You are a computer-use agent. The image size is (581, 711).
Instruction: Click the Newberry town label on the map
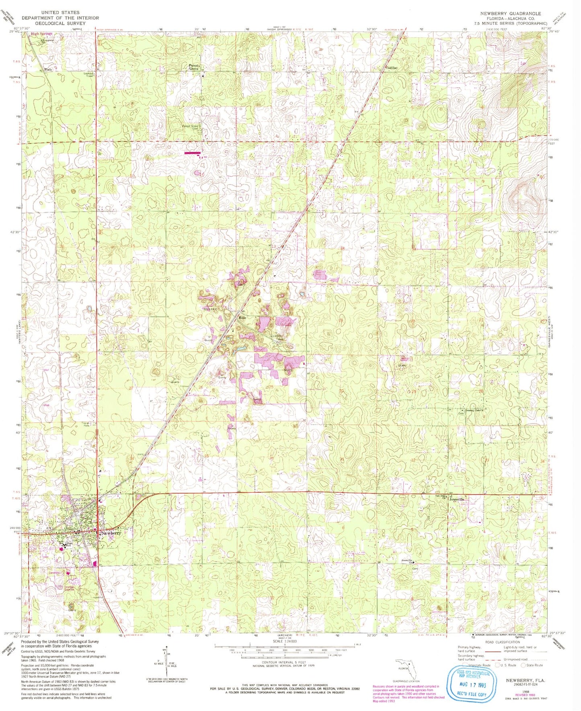click(111, 533)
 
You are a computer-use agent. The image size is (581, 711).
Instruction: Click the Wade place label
click(48, 69)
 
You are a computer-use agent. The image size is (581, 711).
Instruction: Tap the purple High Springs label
click(42, 34)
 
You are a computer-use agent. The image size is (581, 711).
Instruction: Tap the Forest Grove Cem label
click(191, 127)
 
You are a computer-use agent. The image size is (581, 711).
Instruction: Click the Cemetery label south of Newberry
click(54, 573)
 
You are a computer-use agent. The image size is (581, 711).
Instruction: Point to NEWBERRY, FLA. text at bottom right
click(528, 680)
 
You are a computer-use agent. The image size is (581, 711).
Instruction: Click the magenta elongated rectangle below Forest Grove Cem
click(192, 153)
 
